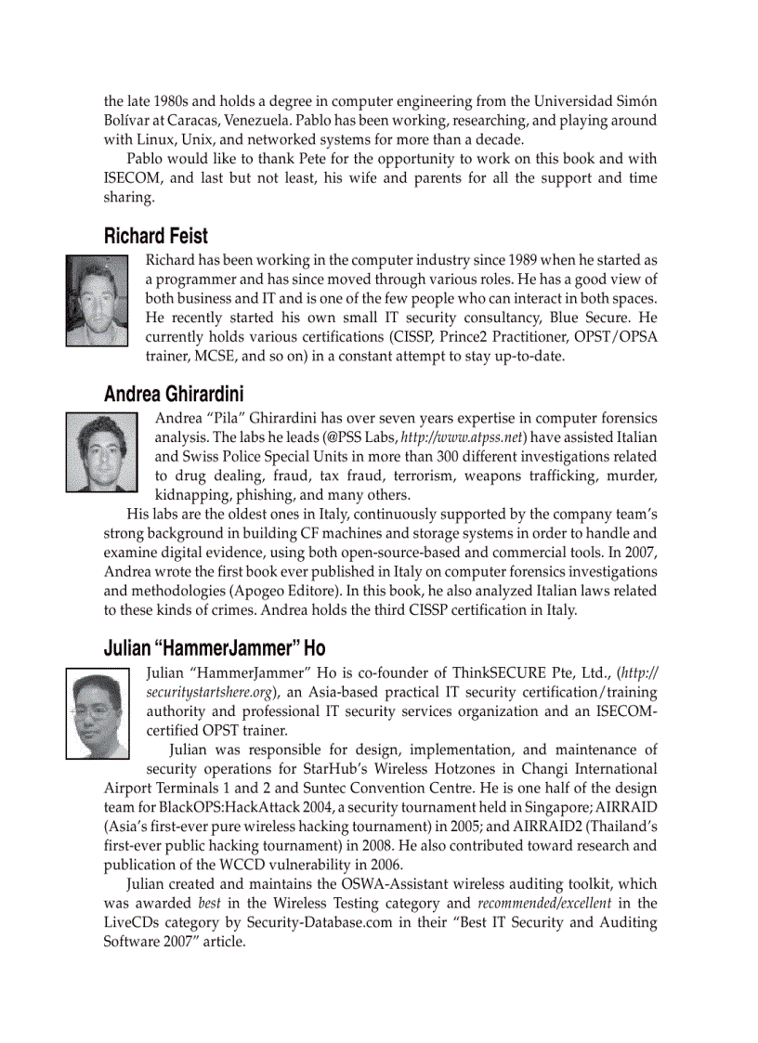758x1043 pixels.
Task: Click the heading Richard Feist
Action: coord(156,236)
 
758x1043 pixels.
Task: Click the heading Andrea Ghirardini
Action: coord(174,394)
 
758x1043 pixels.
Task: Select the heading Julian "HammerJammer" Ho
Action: coord(215,647)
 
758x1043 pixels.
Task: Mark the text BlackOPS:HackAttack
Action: coord(219,807)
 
